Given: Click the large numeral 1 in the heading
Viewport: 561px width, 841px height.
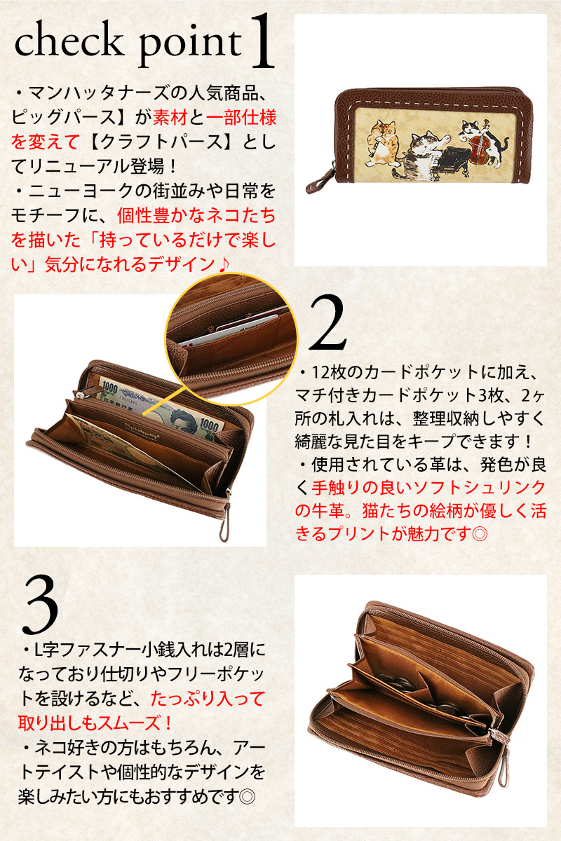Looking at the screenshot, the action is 263,41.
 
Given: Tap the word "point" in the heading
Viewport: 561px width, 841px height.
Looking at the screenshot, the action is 190,45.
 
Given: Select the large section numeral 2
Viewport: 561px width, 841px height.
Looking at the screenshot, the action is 327,324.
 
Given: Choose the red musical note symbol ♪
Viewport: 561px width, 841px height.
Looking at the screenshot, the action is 223,264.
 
